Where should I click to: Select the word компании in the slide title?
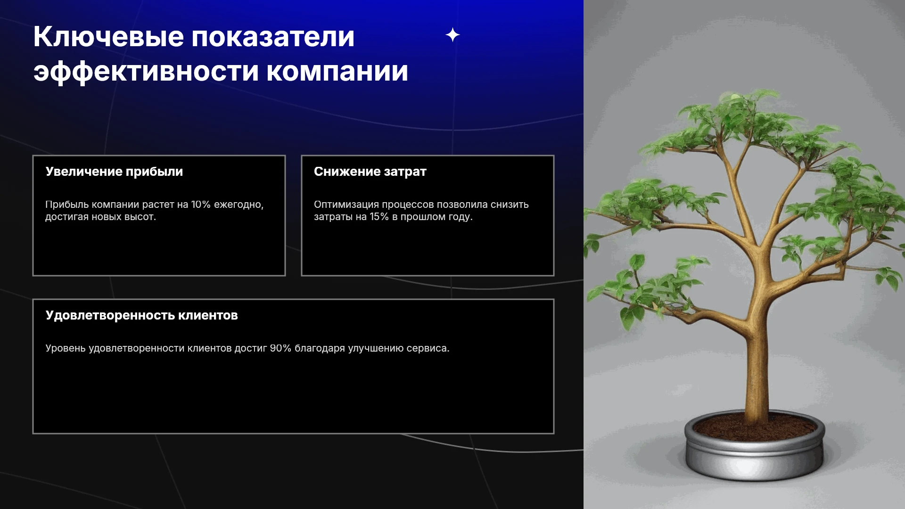337,72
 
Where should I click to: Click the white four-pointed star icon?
452,35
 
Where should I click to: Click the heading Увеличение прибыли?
114,172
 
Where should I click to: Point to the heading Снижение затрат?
370,172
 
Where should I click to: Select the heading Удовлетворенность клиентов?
141,315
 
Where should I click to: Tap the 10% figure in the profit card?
200,205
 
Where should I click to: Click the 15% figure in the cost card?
379,217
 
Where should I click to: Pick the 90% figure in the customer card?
280,348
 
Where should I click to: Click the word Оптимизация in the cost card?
346,205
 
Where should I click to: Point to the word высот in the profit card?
140,217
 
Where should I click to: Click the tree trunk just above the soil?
757,405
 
